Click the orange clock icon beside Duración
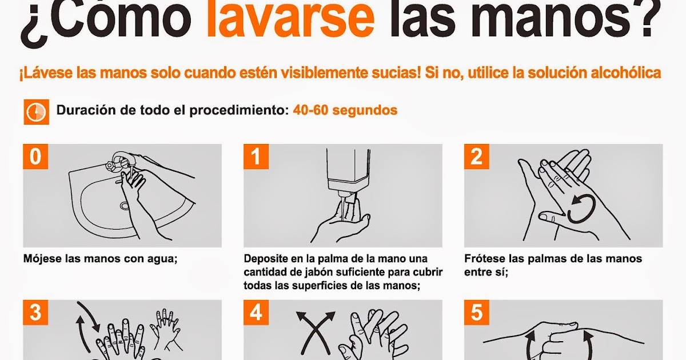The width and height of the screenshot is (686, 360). (35, 112)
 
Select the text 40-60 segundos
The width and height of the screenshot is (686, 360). (345, 110)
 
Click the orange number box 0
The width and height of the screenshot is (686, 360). (35, 157)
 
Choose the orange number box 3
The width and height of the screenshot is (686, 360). (35, 313)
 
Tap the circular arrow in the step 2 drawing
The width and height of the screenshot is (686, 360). (580, 208)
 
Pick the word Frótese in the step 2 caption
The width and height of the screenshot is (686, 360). (484, 259)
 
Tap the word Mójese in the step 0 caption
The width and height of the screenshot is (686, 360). (42, 259)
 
